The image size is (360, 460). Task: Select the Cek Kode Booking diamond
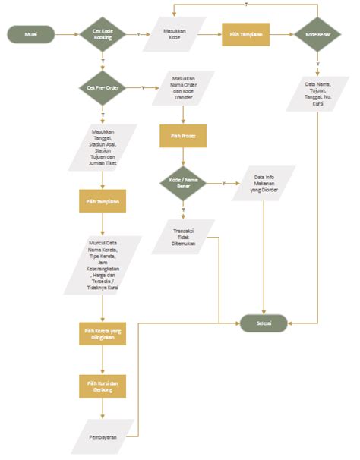[x=103, y=34]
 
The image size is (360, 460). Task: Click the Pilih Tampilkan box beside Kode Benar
[x=246, y=34]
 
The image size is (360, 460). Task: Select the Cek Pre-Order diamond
[x=103, y=88]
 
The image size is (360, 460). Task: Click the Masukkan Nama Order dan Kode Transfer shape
[x=183, y=87]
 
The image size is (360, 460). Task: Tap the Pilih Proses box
[x=183, y=136]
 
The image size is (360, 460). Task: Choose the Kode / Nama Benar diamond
[x=183, y=183]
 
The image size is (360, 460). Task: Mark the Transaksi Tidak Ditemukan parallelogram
[x=183, y=236]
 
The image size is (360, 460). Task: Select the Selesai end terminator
[x=264, y=322]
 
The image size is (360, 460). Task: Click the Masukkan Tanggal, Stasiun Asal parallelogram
[x=103, y=147]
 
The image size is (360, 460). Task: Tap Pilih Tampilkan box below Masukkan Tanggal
[x=103, y=203]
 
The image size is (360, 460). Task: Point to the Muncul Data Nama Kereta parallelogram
[x=103, y=266]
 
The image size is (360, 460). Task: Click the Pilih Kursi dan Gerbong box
[x=103, y=386]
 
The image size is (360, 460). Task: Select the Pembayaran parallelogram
[x=103, y=436]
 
